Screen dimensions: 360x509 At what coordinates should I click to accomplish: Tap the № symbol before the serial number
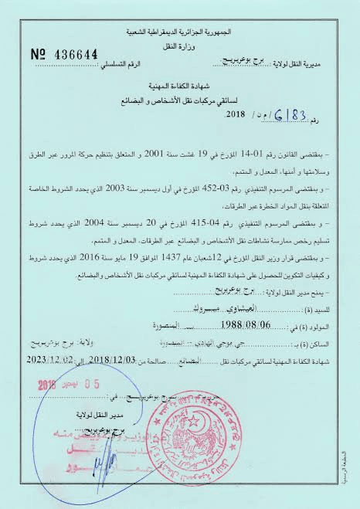pos(39,54)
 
